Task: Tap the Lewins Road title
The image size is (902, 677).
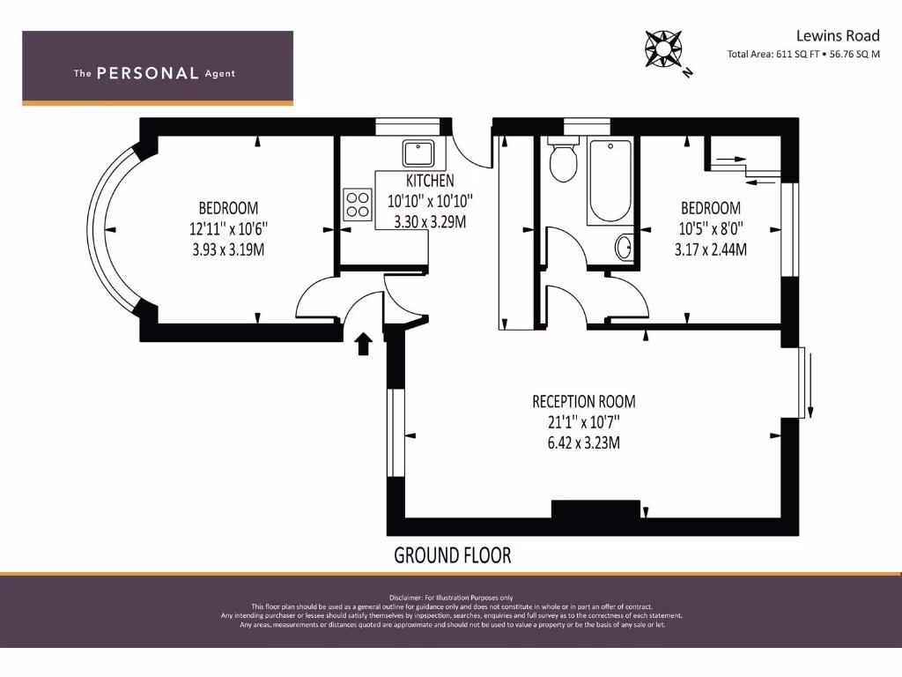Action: [837, 35]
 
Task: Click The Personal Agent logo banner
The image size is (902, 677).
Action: [158, 69]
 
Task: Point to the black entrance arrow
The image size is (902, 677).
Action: [363, 343]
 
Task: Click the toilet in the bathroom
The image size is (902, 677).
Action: [561, 160]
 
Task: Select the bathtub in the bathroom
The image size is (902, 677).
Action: [610, 181]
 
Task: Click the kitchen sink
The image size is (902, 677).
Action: [416, 154]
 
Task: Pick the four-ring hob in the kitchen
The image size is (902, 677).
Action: [358, 205]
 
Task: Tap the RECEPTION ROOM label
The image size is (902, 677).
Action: [583, 402]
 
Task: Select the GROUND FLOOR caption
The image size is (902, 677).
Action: [452, 555]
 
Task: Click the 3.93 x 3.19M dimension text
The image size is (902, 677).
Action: [228, 249]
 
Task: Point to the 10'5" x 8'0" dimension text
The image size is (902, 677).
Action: [710, 228]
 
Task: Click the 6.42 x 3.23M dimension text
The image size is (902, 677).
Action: [583, 443]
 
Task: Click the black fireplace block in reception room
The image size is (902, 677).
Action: [595, 510]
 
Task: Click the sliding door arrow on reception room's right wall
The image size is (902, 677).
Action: [810, 383]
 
